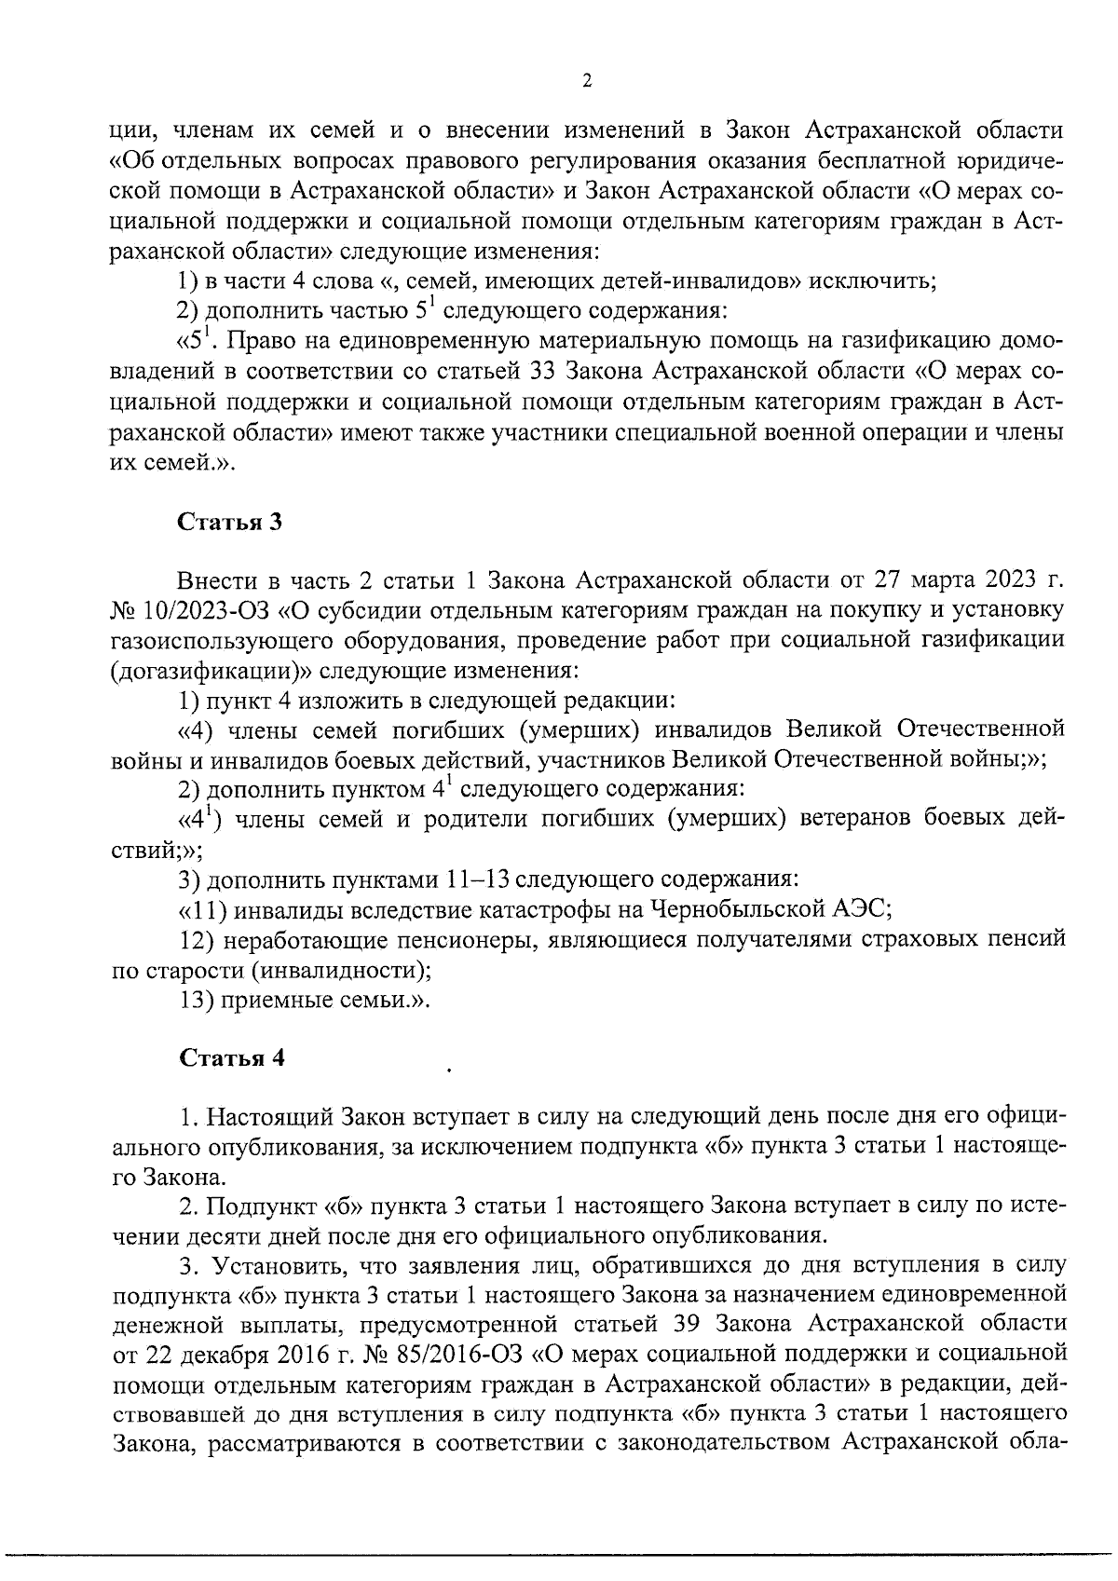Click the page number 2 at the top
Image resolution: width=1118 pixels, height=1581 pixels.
coord(585,81)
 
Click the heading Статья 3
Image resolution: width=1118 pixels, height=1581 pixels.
coord(230,522)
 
